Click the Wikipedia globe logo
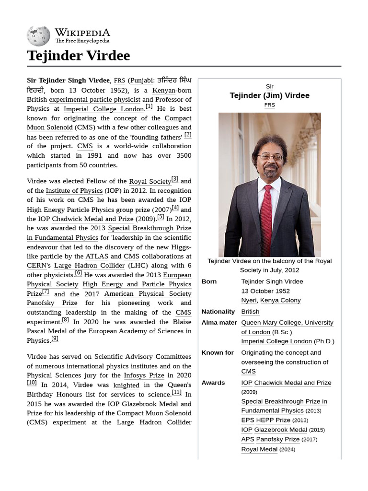38,36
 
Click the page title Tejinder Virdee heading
78,56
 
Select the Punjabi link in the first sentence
141,81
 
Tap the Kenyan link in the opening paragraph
164,90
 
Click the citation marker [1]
149,107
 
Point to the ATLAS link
97,257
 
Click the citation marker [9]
55,339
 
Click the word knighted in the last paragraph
126,385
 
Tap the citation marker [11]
176,392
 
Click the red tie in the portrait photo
266,218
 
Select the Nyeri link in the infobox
249,300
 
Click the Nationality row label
218,312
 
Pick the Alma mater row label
219,323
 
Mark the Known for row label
218,352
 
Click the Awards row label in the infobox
213,383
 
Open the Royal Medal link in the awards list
259,449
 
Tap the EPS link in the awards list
248,420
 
